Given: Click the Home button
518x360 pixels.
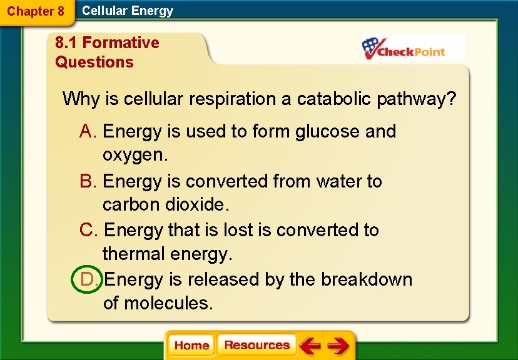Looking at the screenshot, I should click(191, 346).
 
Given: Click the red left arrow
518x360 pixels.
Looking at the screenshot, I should click(310, 346).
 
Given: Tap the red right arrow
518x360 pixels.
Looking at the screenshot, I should click(338, 346).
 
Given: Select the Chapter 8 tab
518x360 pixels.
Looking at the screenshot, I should click(36, 11).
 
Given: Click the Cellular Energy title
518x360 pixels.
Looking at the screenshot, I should click(128, 11).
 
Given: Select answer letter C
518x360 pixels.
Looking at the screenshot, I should click(88, 230).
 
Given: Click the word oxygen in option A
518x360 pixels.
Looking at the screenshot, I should click(135, 155).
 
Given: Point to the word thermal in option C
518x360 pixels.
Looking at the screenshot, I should click(133, 254).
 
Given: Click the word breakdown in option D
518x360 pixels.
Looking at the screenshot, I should click(367, 279).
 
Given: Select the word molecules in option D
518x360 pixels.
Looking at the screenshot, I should click(168, 303).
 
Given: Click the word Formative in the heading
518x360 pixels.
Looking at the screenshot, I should click(121, 42).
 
